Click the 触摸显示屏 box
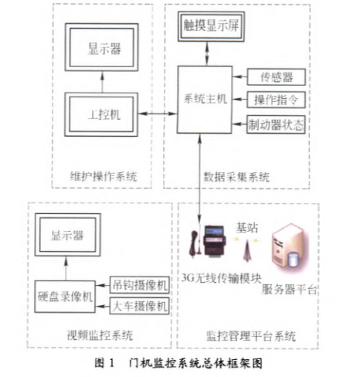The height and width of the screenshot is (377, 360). pyautogui.click(x=211, y=26)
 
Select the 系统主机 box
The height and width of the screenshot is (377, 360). pyautogui.click(x=205, y=100)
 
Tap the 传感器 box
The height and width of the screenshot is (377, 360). pyautogui.click(x=277, y=76)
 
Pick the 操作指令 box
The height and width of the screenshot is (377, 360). pyautogui.click(x=277, y=100)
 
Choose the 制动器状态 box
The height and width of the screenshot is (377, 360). pyautogui.click(x=276, y=124)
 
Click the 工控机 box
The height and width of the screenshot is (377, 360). pyautogui.click(x=101, y=114)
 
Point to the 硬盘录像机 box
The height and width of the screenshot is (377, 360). pyautogui.click(x=65, y=297)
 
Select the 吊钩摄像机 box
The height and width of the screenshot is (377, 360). pyautogui.click(x=140, y=285)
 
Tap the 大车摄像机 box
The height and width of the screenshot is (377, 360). pyautogui.click(x=140, y=306)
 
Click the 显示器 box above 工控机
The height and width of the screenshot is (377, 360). pyautogui.click(x=102, y=47)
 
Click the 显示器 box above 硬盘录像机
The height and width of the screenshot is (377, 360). pyautogui.click(x=67, y=235)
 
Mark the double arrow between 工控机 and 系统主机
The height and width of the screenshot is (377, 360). pyautogui.click(x=158, y=114)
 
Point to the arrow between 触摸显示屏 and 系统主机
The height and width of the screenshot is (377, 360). pyautogui.click(x=207, y=53)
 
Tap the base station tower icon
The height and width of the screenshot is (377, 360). pyautogui.click(x=247, y=251)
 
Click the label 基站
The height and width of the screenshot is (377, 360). pyautogui.click(x=246, y=228)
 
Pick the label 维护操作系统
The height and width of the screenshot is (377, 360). pyautogui.click(x=104, y=176)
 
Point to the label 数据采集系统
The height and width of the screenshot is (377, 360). pyautogui.click(x=236, y=177)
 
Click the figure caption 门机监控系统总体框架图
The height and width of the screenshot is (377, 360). pyautogui.click(x=195, y=363)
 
